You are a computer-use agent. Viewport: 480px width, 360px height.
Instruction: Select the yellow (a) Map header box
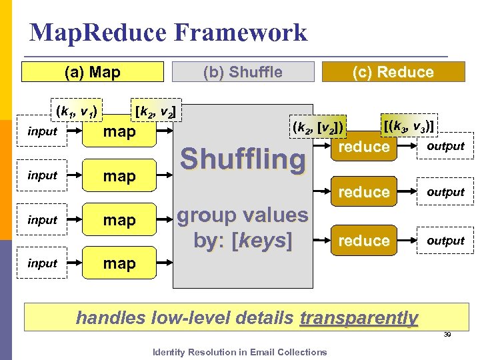coord(92,71)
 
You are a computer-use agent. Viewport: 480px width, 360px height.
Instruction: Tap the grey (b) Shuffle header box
coord(243,71)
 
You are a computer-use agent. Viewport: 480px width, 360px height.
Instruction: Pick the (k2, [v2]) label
coord(317,125)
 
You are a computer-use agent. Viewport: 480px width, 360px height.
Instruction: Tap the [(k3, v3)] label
coord(409,125)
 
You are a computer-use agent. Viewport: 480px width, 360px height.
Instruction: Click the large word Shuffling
coord(243,159)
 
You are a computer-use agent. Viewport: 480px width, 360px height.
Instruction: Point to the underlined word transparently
coord(359,318)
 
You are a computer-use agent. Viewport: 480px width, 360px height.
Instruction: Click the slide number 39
coord(448,335)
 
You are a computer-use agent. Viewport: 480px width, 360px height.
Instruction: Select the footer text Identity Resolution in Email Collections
coord(240,352)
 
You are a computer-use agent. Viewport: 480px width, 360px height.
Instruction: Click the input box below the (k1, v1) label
coord(43,131)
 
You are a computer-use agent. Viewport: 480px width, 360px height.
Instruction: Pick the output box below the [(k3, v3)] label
coord(445,146)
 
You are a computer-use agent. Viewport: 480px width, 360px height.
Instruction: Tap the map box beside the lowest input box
coord(119,263)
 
